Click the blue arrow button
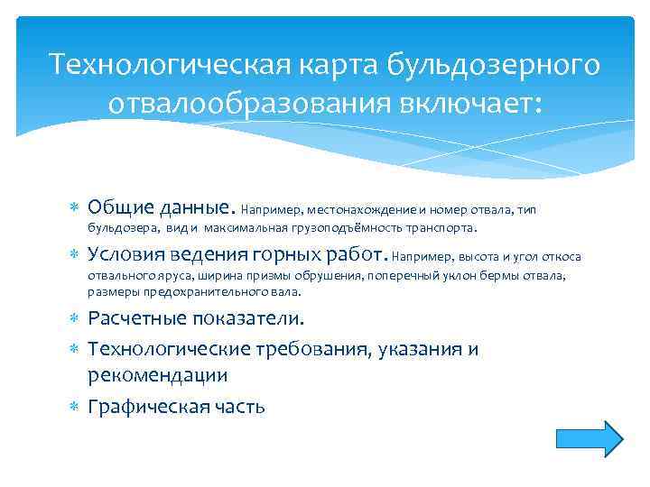click(589, 438)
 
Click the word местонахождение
click(353, 210)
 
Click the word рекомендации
click(158, 373)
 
